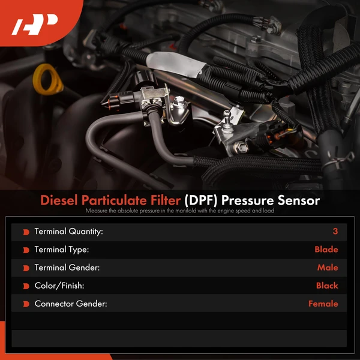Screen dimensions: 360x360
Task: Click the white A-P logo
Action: point(34,24)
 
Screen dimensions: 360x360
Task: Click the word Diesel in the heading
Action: point(59,200)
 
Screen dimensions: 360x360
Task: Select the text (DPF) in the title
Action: point(201,200)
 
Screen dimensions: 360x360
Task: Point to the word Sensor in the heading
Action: point(298,200)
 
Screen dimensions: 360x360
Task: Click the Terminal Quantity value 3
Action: point(335,231)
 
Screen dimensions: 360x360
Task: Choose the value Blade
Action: point(326,250)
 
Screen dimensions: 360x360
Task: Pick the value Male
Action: point(328,268)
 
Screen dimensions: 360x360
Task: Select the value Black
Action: point(327,286)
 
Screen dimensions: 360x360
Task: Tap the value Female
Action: point(323,304)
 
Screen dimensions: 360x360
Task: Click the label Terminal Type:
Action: point(62,250)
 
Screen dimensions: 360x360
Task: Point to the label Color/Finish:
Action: point(59,286)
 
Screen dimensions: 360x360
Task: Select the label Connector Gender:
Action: point(71,304)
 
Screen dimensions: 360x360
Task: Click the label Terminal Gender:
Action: point(67,268)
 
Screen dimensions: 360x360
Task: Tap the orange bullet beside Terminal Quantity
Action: point(26,232)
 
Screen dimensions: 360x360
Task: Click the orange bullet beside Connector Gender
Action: point(26,304)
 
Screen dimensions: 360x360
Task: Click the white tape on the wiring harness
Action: point(176,64)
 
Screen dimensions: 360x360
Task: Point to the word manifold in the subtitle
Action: point(187,211)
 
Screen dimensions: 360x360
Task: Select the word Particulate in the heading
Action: point(131,200)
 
